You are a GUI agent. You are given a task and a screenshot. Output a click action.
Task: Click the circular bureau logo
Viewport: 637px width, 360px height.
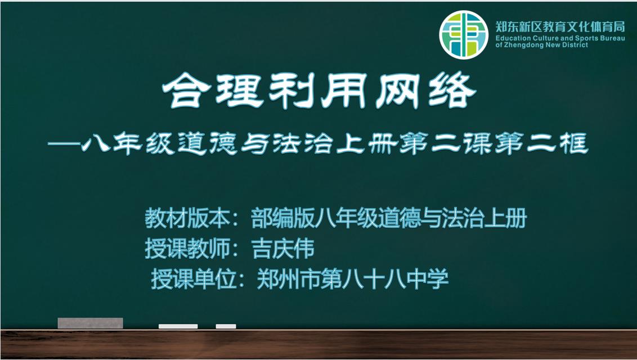click(464, 34)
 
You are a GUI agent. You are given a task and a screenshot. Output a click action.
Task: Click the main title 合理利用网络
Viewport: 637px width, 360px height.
click(319, 91)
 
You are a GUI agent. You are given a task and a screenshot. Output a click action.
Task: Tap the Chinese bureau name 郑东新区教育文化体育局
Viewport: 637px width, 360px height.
click(560, 27)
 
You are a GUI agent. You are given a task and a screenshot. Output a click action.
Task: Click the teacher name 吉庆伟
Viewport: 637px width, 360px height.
click(282, 249)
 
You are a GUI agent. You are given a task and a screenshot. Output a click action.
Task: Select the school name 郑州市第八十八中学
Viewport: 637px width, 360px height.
click(353, 279)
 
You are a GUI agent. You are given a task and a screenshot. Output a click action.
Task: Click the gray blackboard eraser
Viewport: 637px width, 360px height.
click(90, 323)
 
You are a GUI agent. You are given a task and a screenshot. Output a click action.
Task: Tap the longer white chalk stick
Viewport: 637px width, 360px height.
click(178, 326)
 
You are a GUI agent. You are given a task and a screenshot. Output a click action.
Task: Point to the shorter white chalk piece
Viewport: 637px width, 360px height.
click(226, 326)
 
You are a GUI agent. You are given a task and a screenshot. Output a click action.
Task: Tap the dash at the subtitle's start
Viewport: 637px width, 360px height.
click(64, 144)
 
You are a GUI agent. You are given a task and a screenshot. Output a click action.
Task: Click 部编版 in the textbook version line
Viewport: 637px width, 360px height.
click(282, 218)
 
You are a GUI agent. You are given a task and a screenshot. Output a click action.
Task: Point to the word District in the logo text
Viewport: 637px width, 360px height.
click(575, 45)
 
